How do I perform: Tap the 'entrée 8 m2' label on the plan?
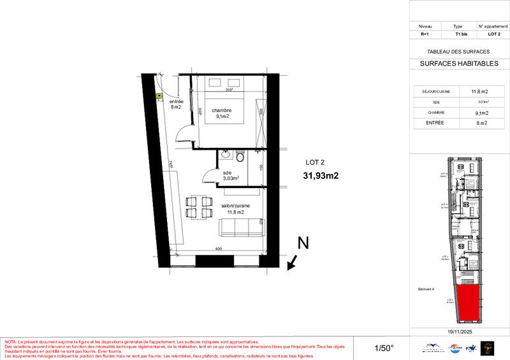177,104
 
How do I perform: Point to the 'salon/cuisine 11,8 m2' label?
235,209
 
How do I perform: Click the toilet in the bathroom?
240,157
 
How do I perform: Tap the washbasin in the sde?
225,154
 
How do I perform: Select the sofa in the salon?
242,227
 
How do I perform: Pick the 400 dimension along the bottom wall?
218,249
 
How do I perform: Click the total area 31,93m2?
320,176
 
